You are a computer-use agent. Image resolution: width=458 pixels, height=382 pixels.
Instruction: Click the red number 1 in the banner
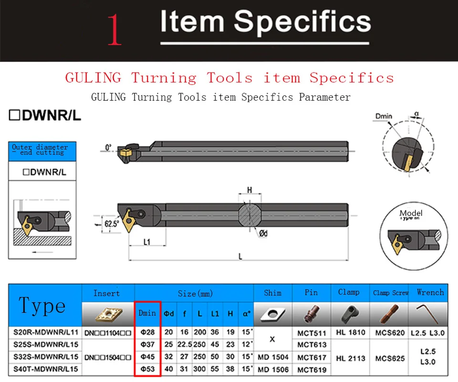pos(115,30)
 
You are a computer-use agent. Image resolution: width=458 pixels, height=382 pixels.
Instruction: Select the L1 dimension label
pos(147,242)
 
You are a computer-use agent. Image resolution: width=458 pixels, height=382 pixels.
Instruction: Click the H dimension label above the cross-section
pos(249,191)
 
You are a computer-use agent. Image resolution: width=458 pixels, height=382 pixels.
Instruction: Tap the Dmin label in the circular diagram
pos(384,116)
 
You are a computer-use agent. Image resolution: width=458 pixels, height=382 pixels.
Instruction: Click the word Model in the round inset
pos(411,213)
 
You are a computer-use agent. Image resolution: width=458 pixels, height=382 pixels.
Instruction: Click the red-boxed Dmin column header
pos(147,313)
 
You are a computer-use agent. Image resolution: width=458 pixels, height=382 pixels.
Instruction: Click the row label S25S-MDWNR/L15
pos(44,345)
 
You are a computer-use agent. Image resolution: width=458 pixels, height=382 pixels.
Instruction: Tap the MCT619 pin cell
pos(312,369)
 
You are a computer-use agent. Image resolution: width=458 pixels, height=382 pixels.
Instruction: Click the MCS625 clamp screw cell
pos(390,357)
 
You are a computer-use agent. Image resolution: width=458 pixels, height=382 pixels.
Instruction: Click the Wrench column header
pos(430,292)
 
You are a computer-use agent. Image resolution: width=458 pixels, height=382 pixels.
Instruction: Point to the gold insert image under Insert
pos(108,313)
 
